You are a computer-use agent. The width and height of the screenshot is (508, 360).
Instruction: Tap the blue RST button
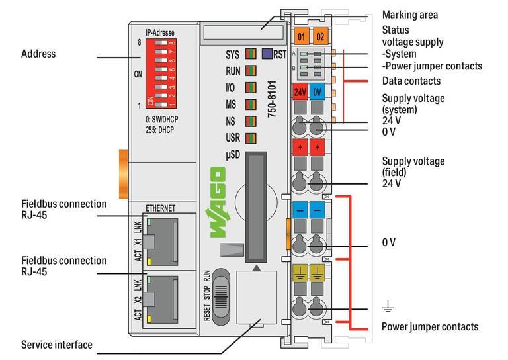[x=266, y=54]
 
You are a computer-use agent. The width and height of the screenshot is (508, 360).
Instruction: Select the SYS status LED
[x=250, y=54]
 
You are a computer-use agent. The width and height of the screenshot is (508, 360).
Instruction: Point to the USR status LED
[x=250, y=138]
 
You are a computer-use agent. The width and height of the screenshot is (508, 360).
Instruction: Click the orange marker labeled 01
[x=301, y=36]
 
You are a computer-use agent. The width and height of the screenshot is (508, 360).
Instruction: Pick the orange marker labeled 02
[x=320, y=36]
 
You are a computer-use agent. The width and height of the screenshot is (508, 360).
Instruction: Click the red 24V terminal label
[x=300, y=92]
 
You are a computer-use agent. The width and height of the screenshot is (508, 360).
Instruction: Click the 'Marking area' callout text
[x=409, y=15]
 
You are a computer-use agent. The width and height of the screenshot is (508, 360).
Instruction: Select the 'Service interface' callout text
[x=56, y=345]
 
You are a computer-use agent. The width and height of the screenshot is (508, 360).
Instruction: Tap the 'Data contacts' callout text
[x=411, y=81]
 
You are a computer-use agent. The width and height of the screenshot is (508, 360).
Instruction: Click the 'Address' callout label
[x=38, y=54]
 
